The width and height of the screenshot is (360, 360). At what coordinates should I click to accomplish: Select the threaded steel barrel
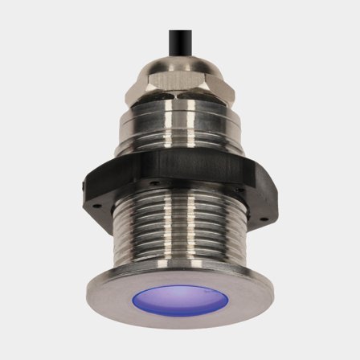[x=180, y=233]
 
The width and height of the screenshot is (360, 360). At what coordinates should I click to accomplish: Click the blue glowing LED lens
[x=180, y=299]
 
